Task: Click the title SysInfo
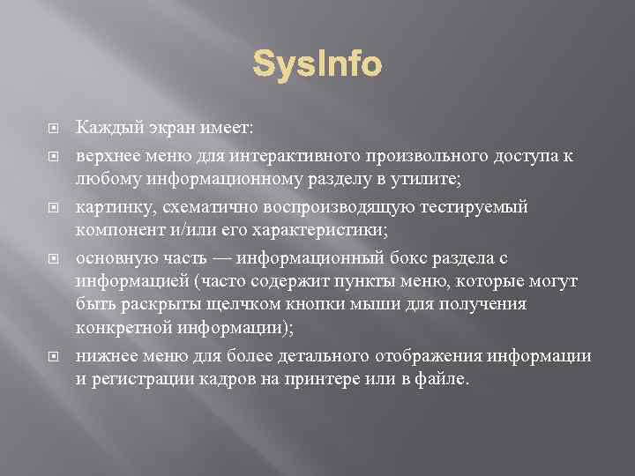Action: tap(317, 64)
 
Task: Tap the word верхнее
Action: tap(107, 156)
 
